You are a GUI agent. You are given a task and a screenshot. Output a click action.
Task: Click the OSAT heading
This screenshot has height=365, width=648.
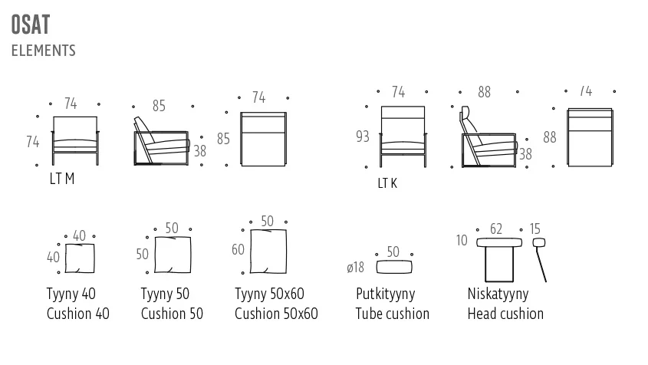[x=31, y=25]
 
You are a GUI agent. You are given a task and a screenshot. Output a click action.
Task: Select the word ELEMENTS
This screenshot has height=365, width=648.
[x=44, y=51]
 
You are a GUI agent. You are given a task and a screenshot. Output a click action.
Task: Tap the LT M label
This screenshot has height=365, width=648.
[x=62, y=179]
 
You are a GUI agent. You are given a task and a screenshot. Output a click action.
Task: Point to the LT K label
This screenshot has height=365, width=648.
[x=387, y=183]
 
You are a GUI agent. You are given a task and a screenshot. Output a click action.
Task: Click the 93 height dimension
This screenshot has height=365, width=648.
[x=363, y=136]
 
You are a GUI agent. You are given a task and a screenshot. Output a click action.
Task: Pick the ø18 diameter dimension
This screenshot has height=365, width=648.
[x=355, y=268]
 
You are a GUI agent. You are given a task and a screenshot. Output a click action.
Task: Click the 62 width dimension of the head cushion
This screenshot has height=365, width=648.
[x=496, y=229]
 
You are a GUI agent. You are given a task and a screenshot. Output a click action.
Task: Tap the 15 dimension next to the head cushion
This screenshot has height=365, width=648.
[x=535, y=229]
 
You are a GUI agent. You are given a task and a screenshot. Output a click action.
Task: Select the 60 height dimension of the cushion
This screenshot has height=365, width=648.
[x=238, y=249]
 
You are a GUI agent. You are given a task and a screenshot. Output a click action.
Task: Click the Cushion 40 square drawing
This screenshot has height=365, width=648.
[x=80, y=258]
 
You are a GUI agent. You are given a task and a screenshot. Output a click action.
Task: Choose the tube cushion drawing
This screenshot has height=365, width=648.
[x=394, y=267]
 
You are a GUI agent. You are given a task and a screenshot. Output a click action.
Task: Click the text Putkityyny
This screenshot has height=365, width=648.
[x=385, y=294]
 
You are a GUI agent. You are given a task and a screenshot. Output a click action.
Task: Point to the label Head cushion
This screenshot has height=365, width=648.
[x=505, y=314]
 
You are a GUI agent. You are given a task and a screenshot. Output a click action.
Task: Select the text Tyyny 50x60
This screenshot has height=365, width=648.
[x=269, y=294]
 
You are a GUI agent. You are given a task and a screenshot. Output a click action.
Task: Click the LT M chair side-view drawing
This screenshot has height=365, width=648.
[x=162, y=141]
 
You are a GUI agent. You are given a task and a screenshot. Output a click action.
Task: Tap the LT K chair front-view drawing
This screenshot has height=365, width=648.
[x=403, y=136]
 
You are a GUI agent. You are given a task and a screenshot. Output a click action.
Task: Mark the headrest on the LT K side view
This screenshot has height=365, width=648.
[x=467, y=117]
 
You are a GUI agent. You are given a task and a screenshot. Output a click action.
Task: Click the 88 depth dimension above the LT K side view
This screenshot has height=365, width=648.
[x=484, y=92]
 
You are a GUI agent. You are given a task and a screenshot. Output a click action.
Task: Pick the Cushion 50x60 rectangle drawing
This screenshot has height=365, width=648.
[x=268, y=252]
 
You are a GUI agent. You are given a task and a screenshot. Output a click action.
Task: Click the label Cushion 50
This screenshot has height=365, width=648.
[x=172, y=314]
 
